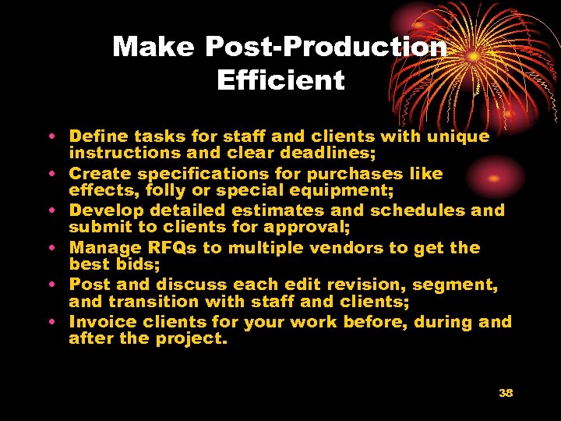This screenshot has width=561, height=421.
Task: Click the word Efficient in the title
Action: click(x=280, y=80)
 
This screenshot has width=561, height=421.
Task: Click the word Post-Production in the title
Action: click(x=326, y=48)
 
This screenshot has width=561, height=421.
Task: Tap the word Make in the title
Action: click(x=153, y=48)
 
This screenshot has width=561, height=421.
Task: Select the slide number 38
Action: click(x=506, y=393)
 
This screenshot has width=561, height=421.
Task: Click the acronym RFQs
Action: click(x=166, y=248)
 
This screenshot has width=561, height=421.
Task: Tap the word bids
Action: click(x=132, y=264)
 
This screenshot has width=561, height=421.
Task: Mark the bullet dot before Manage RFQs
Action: click(x=51, y=248)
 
